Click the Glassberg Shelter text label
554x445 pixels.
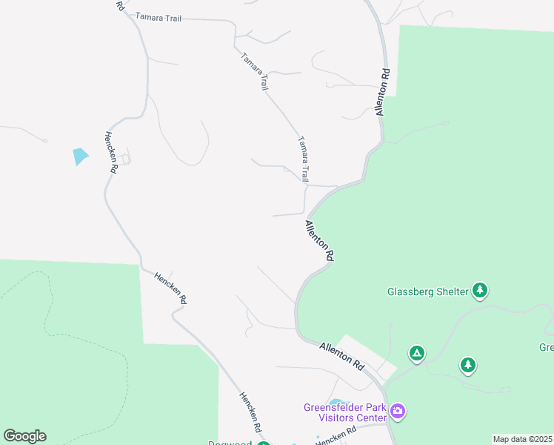pos(428,291)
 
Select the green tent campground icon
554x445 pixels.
pos(417,353)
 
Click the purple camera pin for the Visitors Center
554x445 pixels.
pos(398,411)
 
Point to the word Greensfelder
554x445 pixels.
pos(333,407)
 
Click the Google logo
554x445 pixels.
pos(24,436)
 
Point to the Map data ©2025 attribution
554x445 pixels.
pos(522,439)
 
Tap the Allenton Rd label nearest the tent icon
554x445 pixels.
pos(342,356)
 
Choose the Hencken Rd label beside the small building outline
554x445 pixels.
pos(111,153)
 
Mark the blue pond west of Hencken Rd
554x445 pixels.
pos(80,156)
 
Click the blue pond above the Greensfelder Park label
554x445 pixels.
pos(336,403)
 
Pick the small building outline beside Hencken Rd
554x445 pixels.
pos(126,158)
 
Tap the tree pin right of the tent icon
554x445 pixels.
pos(467,365)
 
